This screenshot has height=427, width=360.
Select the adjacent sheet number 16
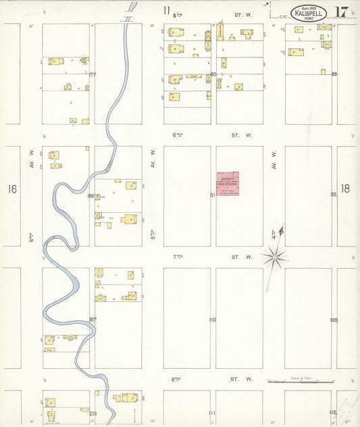[12, 189]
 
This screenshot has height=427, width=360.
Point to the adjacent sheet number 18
[346, 189]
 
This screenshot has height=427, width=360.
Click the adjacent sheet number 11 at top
[166, 10]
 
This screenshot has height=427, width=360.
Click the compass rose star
[274, 256]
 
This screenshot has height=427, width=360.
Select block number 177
[93, 75]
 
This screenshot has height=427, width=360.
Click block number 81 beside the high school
[212, 195]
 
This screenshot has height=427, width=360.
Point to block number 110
[212, 319]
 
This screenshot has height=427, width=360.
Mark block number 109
[334, 319]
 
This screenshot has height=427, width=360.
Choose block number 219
[93, 413]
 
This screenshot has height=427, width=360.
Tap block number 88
[334, 74]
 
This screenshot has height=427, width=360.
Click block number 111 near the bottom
[212, 412]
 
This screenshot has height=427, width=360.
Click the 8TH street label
[177, 380]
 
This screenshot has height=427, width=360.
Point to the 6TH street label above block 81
[178, 135]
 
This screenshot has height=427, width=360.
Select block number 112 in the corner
[334, 412]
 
